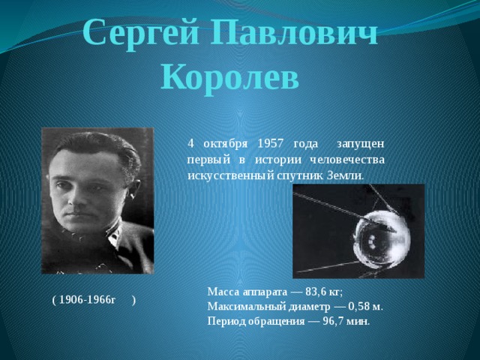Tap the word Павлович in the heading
click(x=295, y=31)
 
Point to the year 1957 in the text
click(x=271, y=143)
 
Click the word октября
click(x=225, y=143)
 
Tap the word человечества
click(x=347, y=160)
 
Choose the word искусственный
click(x=230, y=176)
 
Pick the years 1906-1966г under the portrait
click(x=87, y=300)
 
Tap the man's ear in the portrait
click(x=133, y=189)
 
